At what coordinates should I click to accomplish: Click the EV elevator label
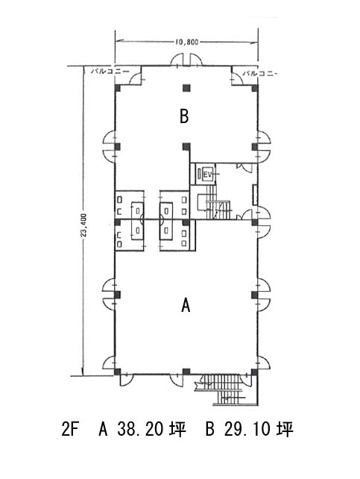[x=208, y=175]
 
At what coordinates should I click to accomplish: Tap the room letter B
[x=184, y=116]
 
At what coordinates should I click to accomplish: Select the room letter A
[x=186, y=305]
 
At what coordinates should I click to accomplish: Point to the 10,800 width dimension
[x=186, y=42]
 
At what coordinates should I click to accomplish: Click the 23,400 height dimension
[x=84, y=225]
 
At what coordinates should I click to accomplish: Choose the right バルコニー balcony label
[x=260, y=74]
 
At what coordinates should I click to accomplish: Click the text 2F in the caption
[x=70, y=430]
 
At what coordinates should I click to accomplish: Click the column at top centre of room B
[x=186, y=88]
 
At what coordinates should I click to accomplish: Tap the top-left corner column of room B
[x=118, y=88]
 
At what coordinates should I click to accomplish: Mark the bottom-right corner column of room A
[x=254, y=372]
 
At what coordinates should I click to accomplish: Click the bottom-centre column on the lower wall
[x=186, y=372]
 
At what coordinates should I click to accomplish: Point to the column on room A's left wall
[x=118, y=295]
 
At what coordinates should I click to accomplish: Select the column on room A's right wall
[x=255, y=295]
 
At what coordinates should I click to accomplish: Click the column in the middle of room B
[x=186, y=147]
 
